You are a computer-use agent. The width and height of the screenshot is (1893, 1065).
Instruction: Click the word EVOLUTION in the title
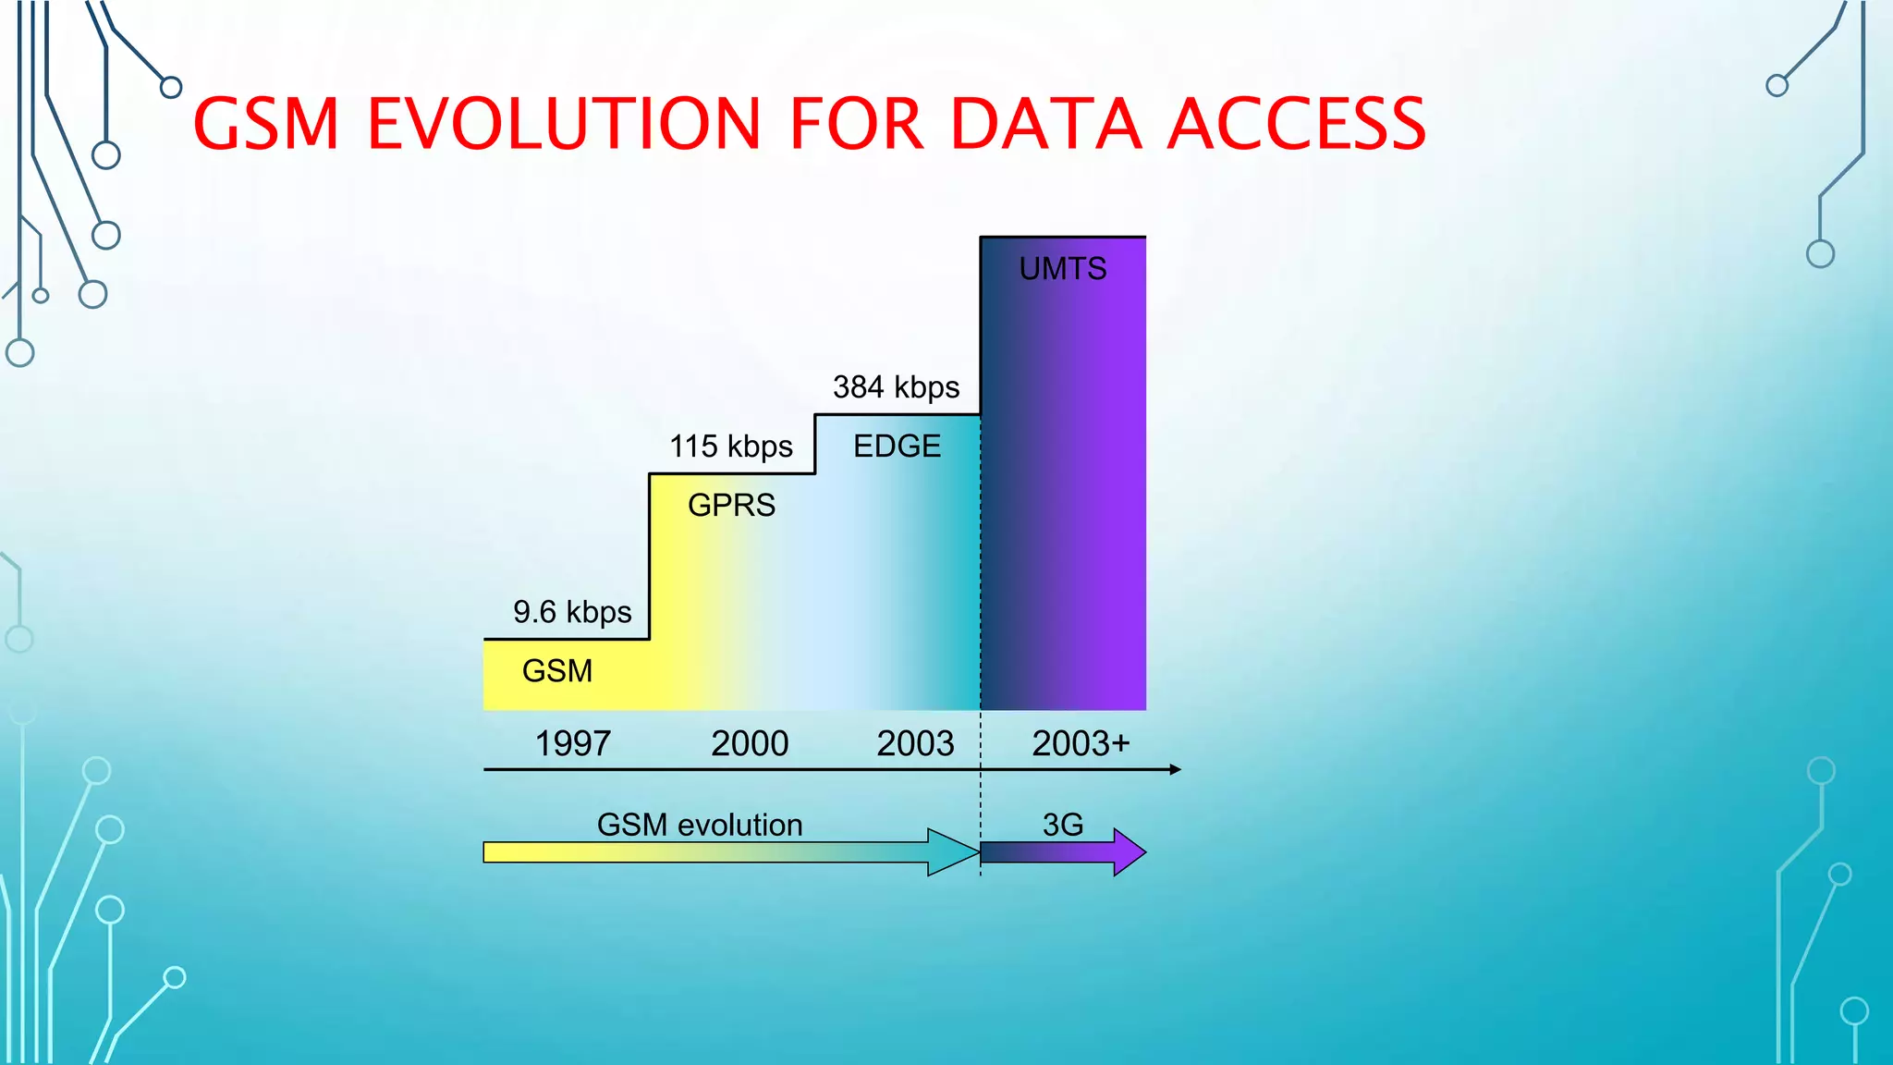click(564, 124)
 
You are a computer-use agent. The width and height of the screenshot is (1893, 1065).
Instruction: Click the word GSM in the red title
click(267, 124)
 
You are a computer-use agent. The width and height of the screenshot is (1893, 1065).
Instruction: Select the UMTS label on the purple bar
click(1062, 269)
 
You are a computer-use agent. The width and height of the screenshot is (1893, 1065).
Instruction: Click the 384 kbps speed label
click(896, 386)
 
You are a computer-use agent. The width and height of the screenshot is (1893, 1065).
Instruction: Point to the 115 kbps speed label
click(730, 447)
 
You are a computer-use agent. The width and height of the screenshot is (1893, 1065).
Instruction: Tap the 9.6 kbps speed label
click(572, 612)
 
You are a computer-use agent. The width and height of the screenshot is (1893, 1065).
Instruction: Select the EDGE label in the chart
click(896, 447)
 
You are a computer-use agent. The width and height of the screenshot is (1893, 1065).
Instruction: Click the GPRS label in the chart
click(731, 506)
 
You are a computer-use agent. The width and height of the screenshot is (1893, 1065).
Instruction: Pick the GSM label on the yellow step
click(556, 671)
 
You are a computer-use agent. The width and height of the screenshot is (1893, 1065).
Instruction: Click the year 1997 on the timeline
click(572, 743)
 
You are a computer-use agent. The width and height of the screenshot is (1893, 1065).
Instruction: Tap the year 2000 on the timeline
click(749, 743)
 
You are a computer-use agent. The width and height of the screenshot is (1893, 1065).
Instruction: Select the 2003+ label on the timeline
click(1080, 743)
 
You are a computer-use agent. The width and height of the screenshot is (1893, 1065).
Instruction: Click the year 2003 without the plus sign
click(914, 743)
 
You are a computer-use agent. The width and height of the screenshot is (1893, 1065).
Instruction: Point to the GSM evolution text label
click(700, 825)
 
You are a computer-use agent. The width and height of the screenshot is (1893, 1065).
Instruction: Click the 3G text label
click(1062, 825)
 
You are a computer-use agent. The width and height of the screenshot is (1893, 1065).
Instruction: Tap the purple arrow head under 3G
click(1129, 852)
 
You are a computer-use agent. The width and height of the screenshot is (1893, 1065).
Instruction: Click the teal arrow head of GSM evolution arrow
click(952, 852)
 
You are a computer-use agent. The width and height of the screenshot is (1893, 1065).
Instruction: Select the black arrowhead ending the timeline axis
click(1175, 769)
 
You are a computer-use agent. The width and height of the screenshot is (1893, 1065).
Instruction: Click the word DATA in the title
click(1045, 124)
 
